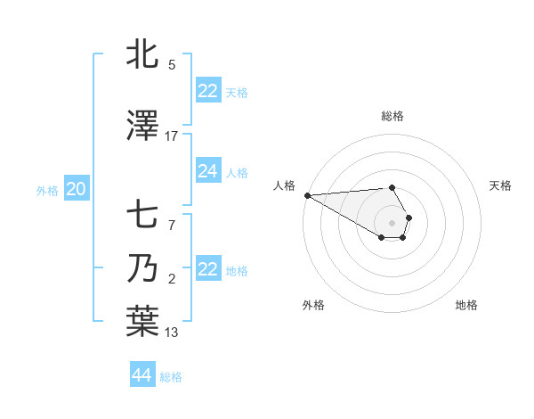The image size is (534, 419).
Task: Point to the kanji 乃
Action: click(142, 269)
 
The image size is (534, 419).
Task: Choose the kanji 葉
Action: click(142, 323)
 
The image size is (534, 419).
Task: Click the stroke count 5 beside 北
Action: click(172, 64)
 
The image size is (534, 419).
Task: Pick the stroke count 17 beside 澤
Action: click(172, 136)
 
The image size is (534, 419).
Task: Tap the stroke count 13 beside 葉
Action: click(172, 333)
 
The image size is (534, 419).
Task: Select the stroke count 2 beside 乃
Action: click(172, 279)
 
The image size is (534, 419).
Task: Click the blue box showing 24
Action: click(207, 171)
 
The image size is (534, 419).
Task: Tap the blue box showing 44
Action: click(142, 375)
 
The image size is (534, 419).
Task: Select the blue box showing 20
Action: click(77, 189)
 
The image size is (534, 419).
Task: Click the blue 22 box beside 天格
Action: click(207, 91)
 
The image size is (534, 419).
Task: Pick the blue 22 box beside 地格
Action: click(207, 269)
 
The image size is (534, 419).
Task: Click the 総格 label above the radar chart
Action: click(392, 116)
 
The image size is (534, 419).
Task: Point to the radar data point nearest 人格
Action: click(306, 195)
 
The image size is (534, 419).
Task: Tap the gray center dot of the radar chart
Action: click(392, 223)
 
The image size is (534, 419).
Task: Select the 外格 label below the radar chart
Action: click(313, 305)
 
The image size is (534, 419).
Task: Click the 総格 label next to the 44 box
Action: click(171, 377)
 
